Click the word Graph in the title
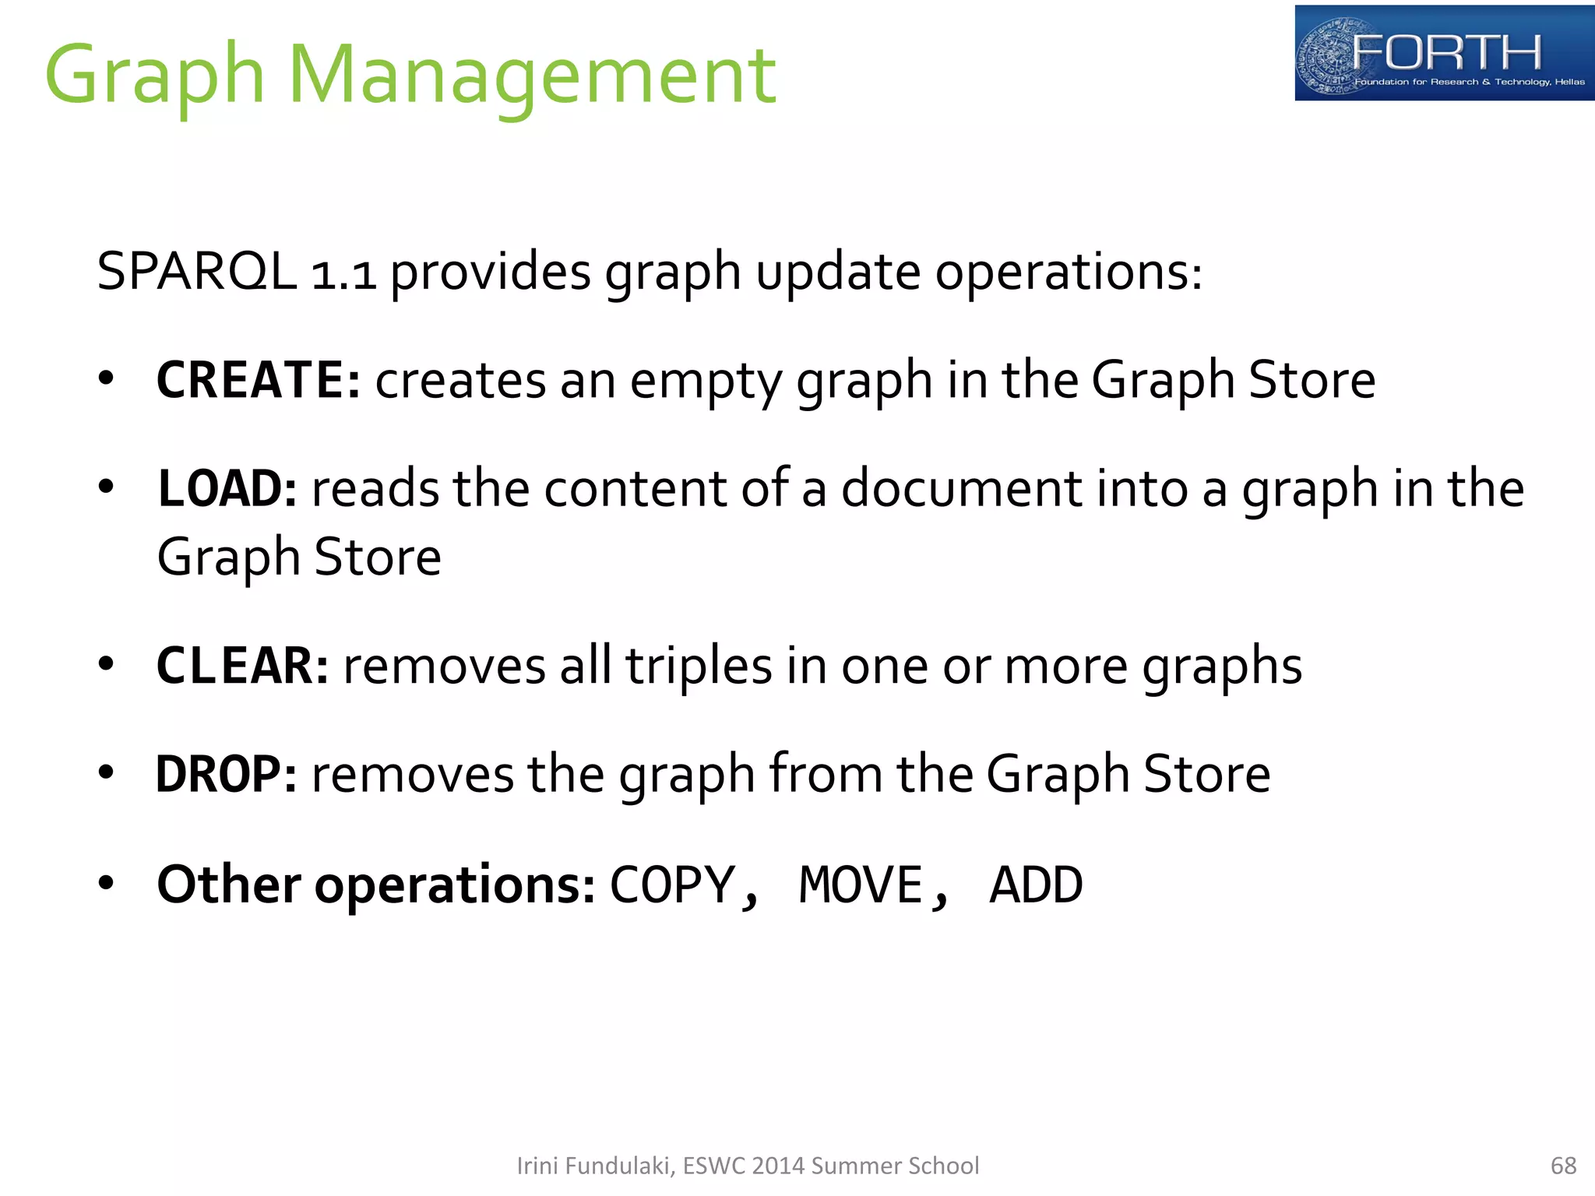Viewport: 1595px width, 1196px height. tap(155, 76)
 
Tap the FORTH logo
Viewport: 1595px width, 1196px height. tap(1444, 53)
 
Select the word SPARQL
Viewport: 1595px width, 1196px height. tap(196, 272)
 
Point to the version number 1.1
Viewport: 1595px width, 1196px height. tap(343, 274)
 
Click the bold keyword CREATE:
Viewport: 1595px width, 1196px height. tap(258, 380)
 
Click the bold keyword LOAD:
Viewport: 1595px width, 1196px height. tap(227, 488)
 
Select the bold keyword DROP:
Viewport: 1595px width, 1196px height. tap(226, 774)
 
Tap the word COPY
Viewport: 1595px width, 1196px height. tap(673, 885)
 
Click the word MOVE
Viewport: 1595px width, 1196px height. tap(861, 885)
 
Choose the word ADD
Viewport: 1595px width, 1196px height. tap(1036, 885)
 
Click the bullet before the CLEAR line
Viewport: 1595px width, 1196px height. tap(107, 664)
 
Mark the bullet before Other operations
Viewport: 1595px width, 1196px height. tap(107, 883)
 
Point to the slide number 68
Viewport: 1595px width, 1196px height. tap(1563, 1166)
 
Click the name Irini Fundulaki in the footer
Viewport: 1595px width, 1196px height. tap(595, 1166)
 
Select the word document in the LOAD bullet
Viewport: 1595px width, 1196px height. tap(961, 488)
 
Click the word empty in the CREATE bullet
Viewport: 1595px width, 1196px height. tap(706, 382)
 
